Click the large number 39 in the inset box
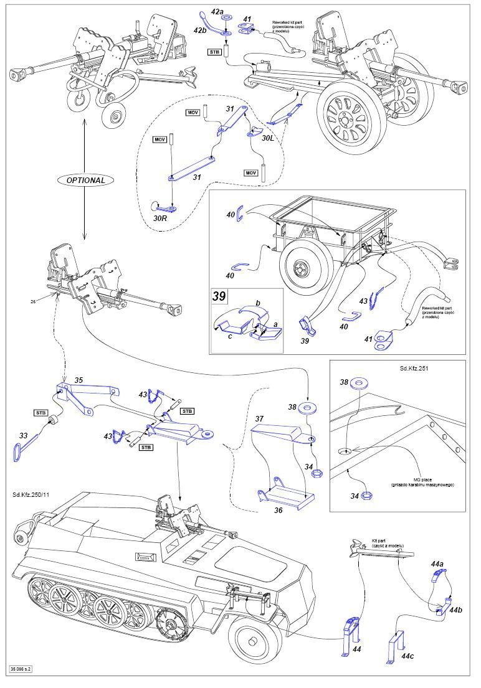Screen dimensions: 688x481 point(219,296)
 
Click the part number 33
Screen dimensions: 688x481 point(23,436)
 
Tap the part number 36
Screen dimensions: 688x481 point(279,510)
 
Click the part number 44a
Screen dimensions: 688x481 point(437,563)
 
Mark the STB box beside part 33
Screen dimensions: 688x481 point(39,412)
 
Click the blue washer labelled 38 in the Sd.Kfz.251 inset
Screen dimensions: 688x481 point(360,383)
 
